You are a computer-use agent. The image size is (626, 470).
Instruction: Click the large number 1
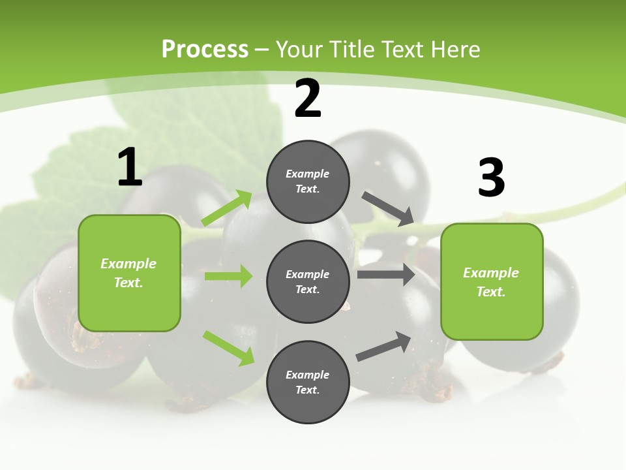[130, 168]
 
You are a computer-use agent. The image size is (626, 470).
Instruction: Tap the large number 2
[308, 99]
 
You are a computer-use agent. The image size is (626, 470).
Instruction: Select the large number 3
[491, 178]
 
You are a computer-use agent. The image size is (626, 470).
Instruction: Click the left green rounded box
[129, 273]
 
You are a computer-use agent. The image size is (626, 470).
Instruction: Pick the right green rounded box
[492, 282]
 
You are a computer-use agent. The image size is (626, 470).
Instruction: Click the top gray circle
[308, 181]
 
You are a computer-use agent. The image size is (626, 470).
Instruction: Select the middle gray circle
[308, 282]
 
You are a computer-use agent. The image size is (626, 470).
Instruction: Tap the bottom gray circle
[308, 383]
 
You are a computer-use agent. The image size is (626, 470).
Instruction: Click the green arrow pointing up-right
[227, 208]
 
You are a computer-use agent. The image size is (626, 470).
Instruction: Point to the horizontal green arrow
[228, 276]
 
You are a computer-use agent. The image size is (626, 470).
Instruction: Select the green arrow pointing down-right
[228, 348]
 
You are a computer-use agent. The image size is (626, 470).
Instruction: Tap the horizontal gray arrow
[386, 274]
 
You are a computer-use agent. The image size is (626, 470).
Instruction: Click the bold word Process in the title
[205, 49]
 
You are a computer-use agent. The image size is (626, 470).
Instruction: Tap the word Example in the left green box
[128, 264]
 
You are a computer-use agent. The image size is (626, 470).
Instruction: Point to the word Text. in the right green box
[491, 292]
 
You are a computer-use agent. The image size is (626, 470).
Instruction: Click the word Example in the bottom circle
[308, 375]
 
